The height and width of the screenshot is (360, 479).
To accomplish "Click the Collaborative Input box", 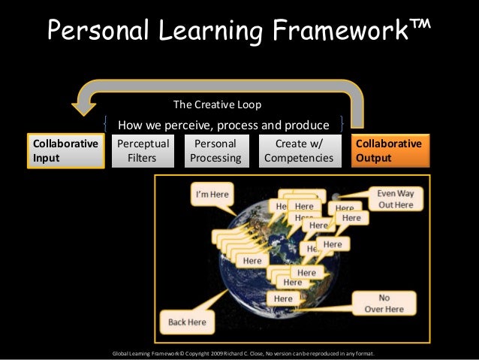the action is pos(64,150).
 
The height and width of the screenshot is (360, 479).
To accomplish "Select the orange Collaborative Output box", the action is pos(391,150).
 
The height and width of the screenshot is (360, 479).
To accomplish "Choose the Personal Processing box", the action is pos(215,150).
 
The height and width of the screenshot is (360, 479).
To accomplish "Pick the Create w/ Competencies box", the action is pos(299,150).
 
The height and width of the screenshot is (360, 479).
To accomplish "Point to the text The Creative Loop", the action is pos(217,104).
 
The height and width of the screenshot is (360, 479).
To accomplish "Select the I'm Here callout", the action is pos(212,195).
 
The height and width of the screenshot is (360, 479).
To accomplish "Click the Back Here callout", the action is pos(187,322).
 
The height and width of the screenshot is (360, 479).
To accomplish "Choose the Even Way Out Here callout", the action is pos(395,198).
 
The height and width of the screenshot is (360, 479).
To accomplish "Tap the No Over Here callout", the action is pos(384,303).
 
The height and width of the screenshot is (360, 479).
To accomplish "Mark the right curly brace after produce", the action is pos(342,123).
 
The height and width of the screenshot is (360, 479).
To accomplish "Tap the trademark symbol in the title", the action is pos(420,25).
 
